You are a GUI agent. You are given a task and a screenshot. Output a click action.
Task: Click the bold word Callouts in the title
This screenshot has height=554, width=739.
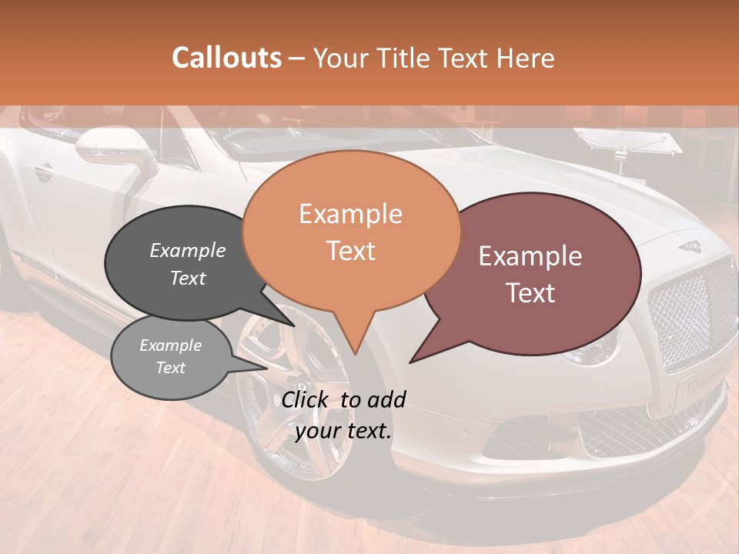[x=226, y=58]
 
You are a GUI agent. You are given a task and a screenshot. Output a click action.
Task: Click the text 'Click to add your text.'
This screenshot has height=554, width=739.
[x=343, y=415]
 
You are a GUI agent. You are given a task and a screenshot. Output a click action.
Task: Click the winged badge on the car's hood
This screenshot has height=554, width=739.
[x=692, y=246]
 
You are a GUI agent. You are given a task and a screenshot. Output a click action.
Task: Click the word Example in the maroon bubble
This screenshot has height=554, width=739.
[x=530, y=256]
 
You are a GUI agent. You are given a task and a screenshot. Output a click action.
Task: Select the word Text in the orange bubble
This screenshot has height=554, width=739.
[x=350, y=251]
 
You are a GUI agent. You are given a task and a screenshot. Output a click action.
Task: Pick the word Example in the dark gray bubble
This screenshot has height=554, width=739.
[x=188, y=250]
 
